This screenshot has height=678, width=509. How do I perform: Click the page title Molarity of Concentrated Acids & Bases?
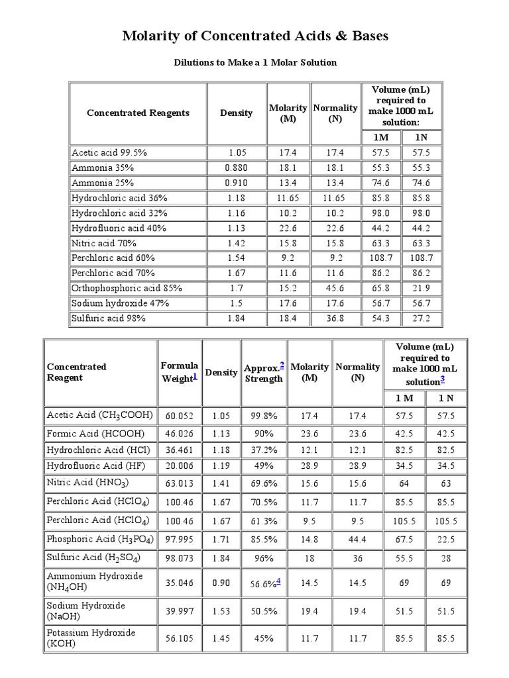[x=255, y=36]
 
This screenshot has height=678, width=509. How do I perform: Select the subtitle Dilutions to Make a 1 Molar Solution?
[x=255, y=62]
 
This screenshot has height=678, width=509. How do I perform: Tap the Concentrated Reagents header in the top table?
[x=138, y=113]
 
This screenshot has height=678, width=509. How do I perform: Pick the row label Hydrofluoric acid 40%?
[x=119, y=228]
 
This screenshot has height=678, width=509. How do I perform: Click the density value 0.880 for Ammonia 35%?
[x=236, y=168]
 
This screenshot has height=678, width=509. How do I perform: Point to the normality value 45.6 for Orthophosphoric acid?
[x=335, y=288]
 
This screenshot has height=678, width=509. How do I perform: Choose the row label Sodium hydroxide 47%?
[x=120, y=303]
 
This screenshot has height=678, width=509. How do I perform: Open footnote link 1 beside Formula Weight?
[x=195, y=376]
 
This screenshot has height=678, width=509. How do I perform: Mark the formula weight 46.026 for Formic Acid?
[x=179, y=433]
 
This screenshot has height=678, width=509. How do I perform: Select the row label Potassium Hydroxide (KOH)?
[x=91, y=638]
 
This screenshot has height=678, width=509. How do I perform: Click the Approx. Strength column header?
[x=263, y=373]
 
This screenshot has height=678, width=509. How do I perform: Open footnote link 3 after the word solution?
[x=442, y=379]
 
